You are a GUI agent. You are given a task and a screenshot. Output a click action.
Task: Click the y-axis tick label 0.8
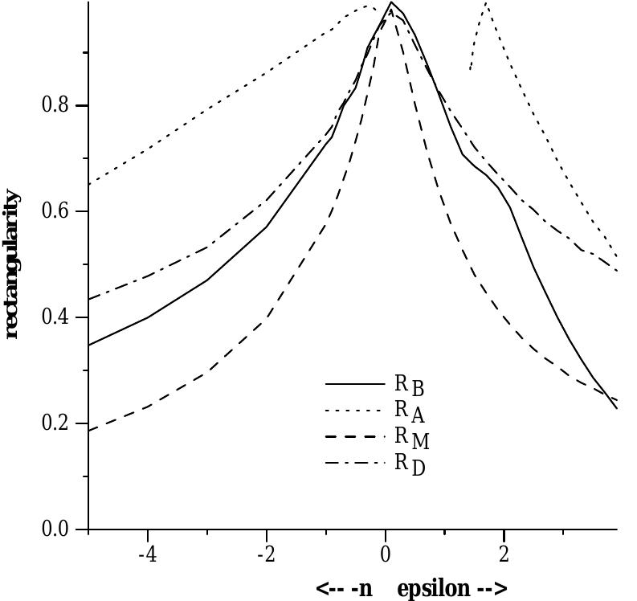coord(54,106)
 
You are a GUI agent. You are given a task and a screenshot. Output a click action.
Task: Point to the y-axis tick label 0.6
coord(54,212)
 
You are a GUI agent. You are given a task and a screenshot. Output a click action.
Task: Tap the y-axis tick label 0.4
coord(54,318)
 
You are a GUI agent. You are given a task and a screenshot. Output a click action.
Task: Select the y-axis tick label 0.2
coord(54,423)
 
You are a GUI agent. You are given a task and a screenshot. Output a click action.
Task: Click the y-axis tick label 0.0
coord(54,529)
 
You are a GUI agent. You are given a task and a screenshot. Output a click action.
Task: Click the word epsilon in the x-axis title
coord(433,588)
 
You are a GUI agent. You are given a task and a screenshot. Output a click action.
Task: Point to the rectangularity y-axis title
coord(12,264)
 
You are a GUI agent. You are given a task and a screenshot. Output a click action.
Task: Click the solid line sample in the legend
coord(355,384)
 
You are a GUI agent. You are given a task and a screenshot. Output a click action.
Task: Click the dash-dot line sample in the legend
coord(355,462)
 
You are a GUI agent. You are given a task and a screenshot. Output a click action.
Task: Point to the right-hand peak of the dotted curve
coord(486,3)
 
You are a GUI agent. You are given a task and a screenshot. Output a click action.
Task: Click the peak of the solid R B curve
coord(391,3)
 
